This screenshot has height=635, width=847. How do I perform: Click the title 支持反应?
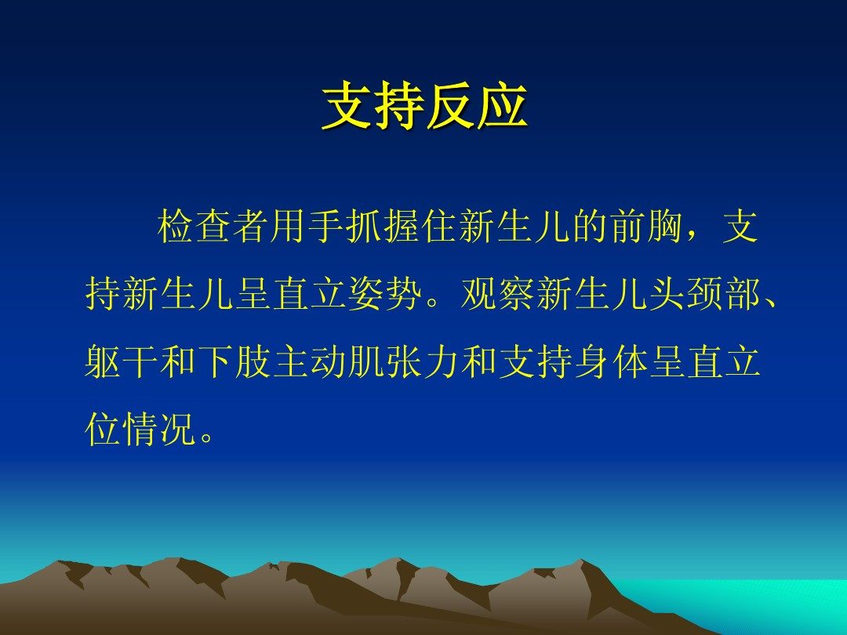click(x=424, y=106)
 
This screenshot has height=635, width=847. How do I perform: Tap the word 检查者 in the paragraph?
click(x=213, y=226)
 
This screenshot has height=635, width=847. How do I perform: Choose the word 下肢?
click(x=234, y=361)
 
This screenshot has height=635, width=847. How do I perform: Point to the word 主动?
click(x=309, y=361)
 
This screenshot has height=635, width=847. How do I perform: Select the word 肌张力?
click(x=403, y=361)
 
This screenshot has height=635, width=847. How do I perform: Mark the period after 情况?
click(x=205, y=438)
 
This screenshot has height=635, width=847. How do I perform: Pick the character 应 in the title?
click(x=503, y=106)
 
